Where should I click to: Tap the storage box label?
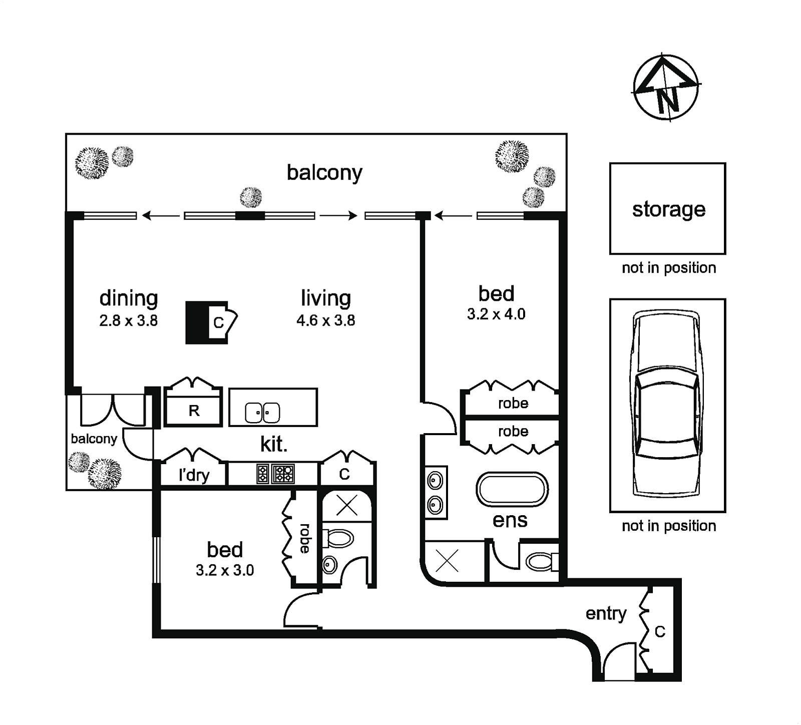pyautogui.click(x=668, y=209)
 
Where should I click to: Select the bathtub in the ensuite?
pyautogui.click(x=512, y=489)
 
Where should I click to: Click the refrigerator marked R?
pyautogui.click(x=194, y=411)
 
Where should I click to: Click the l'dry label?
pyautogui.click(x=194, y=475)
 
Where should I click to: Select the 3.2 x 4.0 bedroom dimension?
pyautogui.click(x=496, y=314)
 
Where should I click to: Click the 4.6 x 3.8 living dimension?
pyautogui.click(x=325, y=320)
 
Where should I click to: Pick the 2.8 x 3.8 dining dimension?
pyautogui.click(x=128, y=320)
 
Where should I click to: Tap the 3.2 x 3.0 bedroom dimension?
pyautogui.click(x=225, y=570)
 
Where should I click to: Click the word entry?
pyautogui.click(x=606, y=613)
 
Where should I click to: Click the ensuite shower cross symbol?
pyautogui.click(x=447, y=561)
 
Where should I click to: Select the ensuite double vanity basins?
pyautogui.click(x=435, y=493)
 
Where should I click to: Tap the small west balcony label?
pyautogui.click(x=94, y=439)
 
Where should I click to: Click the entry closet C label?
pyautogui.click(x=660, y=632)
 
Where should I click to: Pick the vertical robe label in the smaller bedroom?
pyautogui.click(x=304, y=538)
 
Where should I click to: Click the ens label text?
pyautogui.click(x=510, y=521)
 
